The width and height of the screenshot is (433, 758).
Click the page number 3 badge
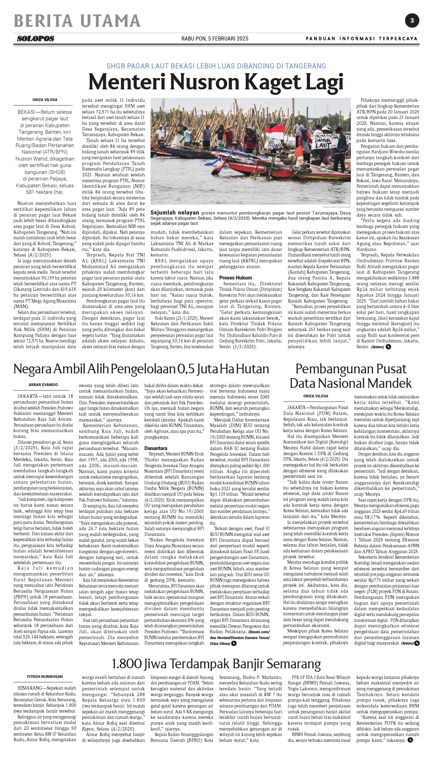412,21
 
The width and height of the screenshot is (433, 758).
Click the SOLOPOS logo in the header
36,39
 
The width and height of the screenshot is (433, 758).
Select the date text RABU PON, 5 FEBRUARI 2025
215,39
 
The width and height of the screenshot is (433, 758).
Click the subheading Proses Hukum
235,277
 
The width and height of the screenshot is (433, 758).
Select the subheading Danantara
156,448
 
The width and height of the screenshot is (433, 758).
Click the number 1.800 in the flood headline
126,663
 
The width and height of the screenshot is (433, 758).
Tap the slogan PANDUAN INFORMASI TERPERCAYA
362,39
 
